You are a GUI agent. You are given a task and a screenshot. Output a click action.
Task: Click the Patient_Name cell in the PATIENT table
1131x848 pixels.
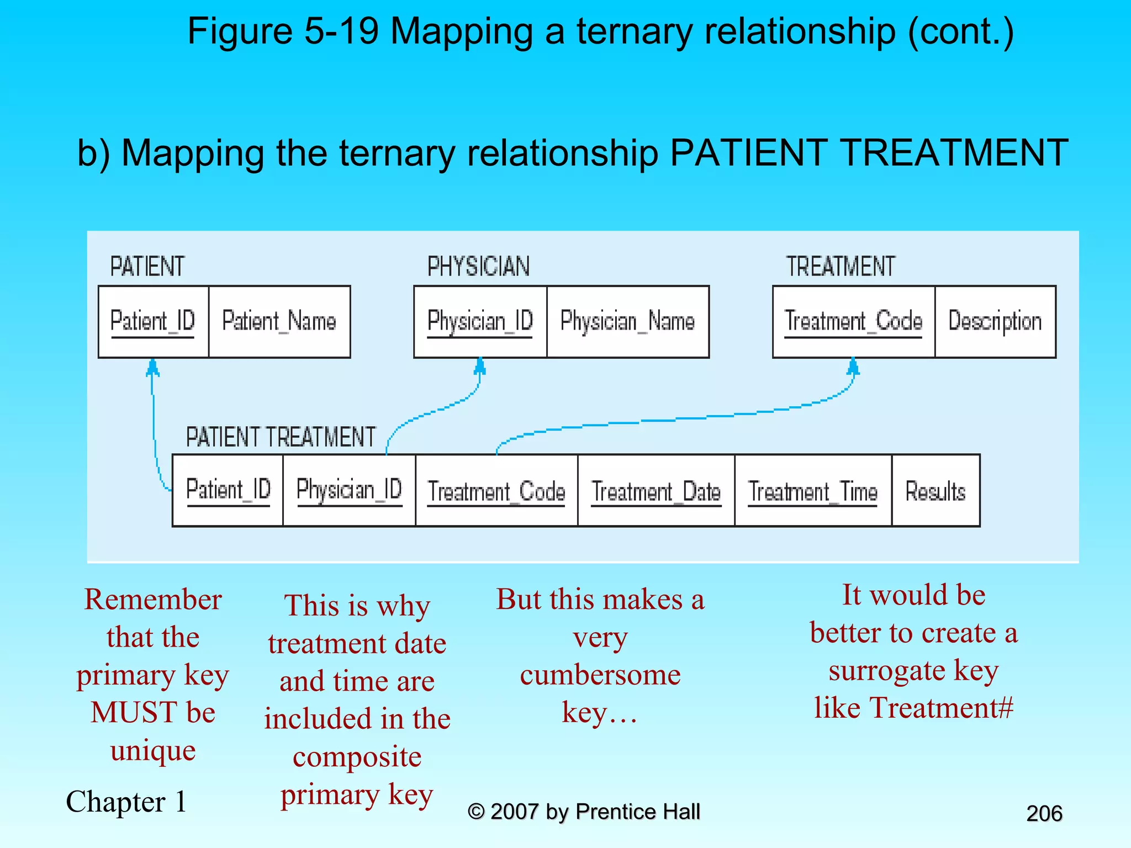tap(279, 321)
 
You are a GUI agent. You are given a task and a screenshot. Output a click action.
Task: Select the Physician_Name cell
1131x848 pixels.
tap(627, 321)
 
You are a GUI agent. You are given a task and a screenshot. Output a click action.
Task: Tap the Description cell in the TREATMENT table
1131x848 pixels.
tap(995, 321)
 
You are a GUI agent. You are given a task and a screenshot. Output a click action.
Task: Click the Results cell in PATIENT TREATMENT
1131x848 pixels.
tap(936, 491)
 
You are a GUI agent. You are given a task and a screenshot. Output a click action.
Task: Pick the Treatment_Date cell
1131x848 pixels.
tap(656, 491)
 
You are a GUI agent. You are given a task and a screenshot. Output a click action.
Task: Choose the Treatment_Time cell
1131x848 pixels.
tap(812, 491)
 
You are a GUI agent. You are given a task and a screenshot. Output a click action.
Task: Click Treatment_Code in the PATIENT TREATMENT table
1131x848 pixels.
tap(496, 491)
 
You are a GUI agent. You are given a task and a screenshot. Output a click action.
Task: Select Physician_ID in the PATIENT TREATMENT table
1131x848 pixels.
tap(349, 490)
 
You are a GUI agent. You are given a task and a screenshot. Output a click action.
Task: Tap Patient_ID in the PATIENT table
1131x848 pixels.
tap(153, 321)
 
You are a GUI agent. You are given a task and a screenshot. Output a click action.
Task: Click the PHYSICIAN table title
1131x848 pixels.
tap(478, 267)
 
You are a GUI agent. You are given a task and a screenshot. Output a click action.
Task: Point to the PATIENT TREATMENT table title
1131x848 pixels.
tap(281, 437)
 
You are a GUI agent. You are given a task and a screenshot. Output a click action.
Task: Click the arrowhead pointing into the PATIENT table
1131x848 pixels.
tap(152, 368)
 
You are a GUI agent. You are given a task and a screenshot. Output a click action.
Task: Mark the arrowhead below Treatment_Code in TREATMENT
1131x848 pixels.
tap(853, 366)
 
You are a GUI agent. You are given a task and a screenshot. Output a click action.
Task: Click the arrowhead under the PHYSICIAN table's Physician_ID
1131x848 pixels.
tap(480, 366)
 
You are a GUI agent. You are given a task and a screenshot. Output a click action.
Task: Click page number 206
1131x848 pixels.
tap(1044, 813)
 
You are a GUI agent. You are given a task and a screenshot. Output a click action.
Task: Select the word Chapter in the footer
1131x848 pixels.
tap(115, 802)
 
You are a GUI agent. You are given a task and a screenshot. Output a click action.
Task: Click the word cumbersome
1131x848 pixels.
tap(600, 675)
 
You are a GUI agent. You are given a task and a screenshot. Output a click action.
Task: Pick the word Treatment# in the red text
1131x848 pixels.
tap(942, 708)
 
